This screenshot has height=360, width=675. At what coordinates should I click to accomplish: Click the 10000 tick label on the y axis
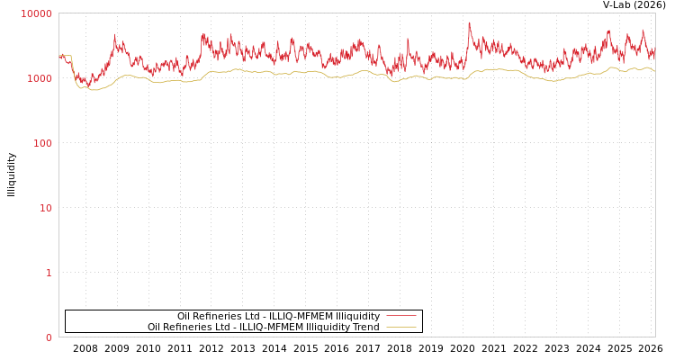click(x=37, y=13)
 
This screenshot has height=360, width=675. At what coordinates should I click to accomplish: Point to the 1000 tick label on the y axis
click(x=40, y=78)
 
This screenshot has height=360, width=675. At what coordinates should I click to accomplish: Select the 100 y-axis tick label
click(x=42, y=143)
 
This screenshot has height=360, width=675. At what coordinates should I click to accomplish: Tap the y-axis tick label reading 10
click(x=45, y=208)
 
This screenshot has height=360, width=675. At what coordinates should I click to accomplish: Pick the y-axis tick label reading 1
click(x=49, y=273)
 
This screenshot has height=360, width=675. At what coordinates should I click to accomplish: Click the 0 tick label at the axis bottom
click(x=49, y=337)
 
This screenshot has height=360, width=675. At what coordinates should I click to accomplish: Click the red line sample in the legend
click(x=400, y=316)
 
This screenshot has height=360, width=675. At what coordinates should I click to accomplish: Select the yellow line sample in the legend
click(x=400, y=327)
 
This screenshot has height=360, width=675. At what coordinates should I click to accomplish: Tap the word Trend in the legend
click(x=365, y=327)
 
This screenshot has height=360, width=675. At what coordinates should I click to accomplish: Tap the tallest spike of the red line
click(x=469, y=23)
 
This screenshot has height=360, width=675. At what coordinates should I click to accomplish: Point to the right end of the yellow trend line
click(x=654, y=70)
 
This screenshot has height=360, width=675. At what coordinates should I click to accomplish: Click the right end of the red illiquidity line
click(x=654, y=54)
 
